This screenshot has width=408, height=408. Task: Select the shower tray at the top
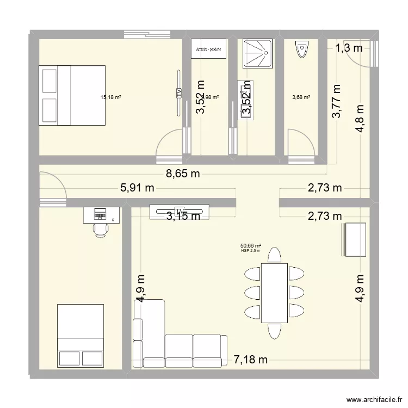pos(256,53)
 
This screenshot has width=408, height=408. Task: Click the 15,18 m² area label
pos(110,98)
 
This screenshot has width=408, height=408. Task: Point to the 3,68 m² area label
pos(301,98)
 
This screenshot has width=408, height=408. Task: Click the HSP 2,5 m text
pos(251,251)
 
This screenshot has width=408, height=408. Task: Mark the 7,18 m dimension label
pos(250,360)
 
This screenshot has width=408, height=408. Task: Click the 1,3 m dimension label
pos(348,49)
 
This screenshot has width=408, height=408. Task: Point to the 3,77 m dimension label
pos(337,101)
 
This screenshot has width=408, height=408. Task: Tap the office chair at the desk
pos(101,229)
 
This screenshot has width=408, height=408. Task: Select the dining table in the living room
pos(274,293)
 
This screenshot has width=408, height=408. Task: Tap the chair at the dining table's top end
pos(275,255)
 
